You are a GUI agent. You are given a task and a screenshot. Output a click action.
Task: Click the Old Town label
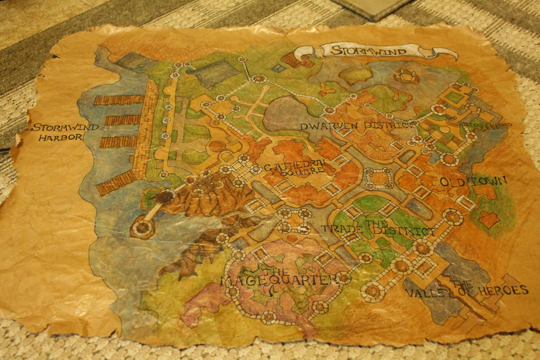(473, 181)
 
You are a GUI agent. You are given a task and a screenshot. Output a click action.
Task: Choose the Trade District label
(378, 229)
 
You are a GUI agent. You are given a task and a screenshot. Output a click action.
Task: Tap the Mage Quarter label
(279, 279)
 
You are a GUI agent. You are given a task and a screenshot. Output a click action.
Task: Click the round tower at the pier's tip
(143, 228)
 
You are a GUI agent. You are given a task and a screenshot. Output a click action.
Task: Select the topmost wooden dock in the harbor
(119, 100)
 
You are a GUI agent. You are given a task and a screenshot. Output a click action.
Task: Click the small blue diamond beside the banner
(278, 69)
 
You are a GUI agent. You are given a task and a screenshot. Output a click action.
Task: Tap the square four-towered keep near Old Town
(379, 179)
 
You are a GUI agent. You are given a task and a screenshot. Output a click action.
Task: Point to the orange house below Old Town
(489, 219)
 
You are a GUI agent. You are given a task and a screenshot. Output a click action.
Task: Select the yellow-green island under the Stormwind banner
(355, 75)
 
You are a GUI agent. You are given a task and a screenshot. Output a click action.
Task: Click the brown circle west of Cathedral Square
(216, 146)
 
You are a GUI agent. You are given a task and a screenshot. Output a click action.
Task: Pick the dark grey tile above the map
(373, 7)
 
